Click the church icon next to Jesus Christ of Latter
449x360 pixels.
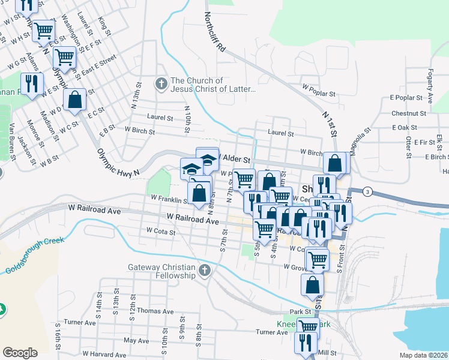point(161,85)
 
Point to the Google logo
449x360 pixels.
point(20,353)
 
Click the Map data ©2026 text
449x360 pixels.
point(423,355)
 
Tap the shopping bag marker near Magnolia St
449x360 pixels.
point(335,163)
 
